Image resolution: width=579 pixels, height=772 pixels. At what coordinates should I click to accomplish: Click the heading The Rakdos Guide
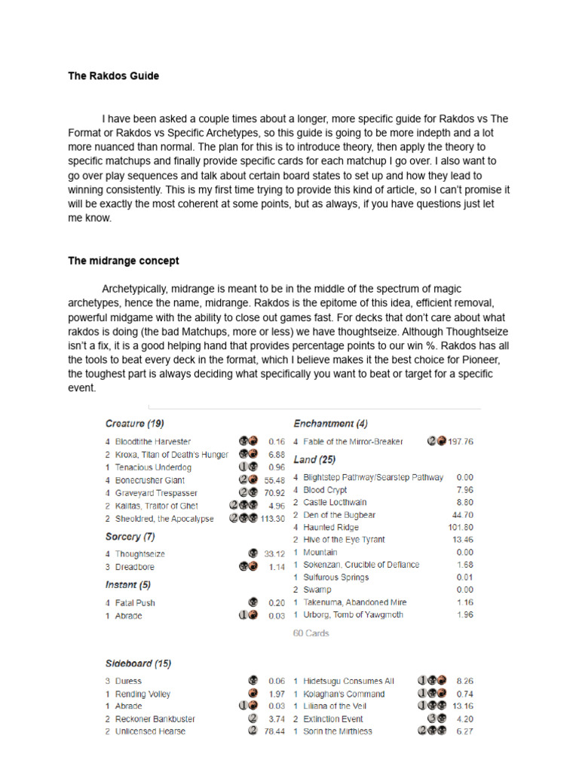pyautogui.click(x=113, y=76)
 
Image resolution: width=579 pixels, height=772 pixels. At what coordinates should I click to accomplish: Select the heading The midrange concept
pyautogui.click(x=124, y=261)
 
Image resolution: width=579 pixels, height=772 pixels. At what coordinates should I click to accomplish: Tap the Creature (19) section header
pyautogui.click(x=135, y=424)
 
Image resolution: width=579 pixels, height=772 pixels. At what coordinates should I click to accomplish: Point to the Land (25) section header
pyautogui.click(x=314, y=459)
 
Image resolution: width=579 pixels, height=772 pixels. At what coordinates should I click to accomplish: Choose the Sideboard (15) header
pyautogui.click(x=138, y=663)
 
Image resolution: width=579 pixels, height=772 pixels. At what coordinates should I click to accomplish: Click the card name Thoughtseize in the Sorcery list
pyautogui.click(x=140, y=553)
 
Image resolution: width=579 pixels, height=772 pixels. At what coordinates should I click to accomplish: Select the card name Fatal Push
pyautogui.click(x=135, y=603)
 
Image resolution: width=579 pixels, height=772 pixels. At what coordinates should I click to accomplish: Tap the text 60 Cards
pyautogui.click(x=311, y=633)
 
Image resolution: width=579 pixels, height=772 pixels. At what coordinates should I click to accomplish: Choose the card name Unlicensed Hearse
pyautogui.click(x=150, y=731)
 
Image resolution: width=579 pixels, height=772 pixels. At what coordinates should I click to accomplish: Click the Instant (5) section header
pyautogui.click(x=128, y=584)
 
